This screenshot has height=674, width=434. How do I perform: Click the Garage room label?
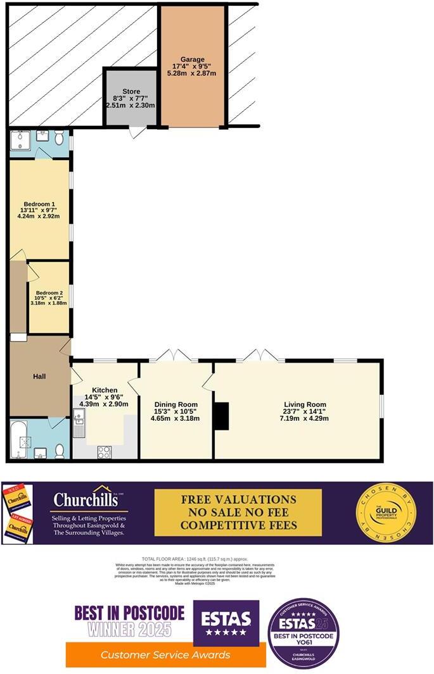tap(192, 59)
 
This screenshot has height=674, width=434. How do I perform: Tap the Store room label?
tap(131, 91)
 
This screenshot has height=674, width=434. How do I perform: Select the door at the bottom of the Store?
tap(134, 132)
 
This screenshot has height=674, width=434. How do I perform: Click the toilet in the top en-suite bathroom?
tap(59, 138)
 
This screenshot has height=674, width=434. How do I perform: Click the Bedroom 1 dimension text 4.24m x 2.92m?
tap(39, 216)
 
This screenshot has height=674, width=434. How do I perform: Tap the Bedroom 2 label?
tap(49, 294)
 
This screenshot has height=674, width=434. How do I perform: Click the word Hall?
tap(39, 377)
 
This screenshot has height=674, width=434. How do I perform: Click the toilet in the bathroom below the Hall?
tap(59, 451)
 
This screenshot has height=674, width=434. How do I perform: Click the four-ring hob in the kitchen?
tap(104, 452)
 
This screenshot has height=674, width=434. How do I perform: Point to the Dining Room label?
tap(176, 404)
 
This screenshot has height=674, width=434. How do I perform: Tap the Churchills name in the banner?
tap(89, 499)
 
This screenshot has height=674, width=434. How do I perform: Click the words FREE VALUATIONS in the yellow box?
tap(238, 499)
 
